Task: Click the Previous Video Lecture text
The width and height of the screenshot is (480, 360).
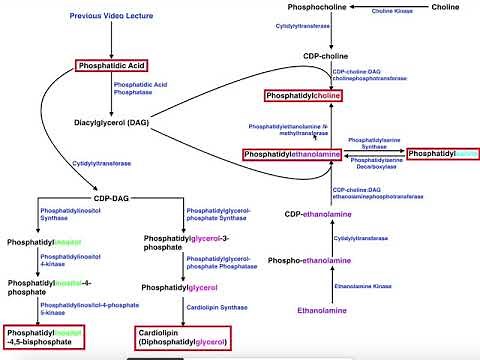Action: (111, 17)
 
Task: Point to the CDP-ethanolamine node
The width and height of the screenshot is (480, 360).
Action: (321, 214)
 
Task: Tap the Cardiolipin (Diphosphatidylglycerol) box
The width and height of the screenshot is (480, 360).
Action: (182, 337)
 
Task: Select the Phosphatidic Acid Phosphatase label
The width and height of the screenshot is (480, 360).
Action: (139, 90)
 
